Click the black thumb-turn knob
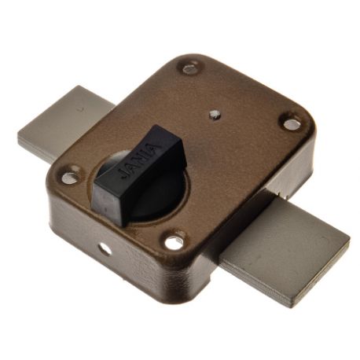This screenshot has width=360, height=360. (140, 174)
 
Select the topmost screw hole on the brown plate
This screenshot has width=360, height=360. (189, 68)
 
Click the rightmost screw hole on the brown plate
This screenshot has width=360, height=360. (290, 124)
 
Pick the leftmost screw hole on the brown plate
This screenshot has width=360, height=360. (69, 178)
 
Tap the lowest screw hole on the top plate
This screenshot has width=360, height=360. (174, 242)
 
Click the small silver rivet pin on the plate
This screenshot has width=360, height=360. (215, 115)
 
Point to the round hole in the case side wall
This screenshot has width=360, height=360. (104, 248)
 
